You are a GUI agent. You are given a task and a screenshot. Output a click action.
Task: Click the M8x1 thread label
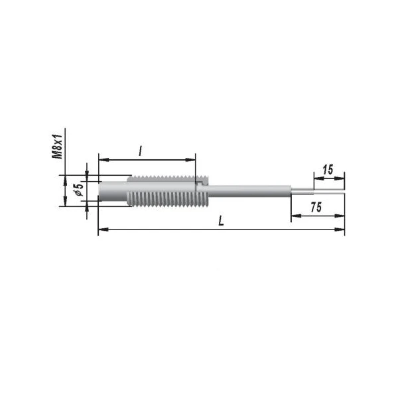coord(57,147)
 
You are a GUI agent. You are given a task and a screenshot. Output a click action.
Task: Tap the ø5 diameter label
coord(79,189)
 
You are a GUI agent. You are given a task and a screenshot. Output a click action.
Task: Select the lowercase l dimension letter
coord(140,151)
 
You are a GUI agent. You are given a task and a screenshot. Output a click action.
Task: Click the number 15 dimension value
coord(328,170)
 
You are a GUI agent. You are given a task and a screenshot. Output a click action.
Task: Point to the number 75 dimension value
coord(316,208)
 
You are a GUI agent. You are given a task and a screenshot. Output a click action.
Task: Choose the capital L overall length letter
coord(222,221)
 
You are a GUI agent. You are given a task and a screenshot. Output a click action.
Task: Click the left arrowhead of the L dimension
coord(103,230)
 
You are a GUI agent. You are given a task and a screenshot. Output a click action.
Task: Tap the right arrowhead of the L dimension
coord(340,230)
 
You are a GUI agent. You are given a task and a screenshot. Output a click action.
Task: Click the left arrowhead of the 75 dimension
coord(297,216)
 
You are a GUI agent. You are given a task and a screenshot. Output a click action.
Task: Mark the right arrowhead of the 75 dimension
coord(340,216)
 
